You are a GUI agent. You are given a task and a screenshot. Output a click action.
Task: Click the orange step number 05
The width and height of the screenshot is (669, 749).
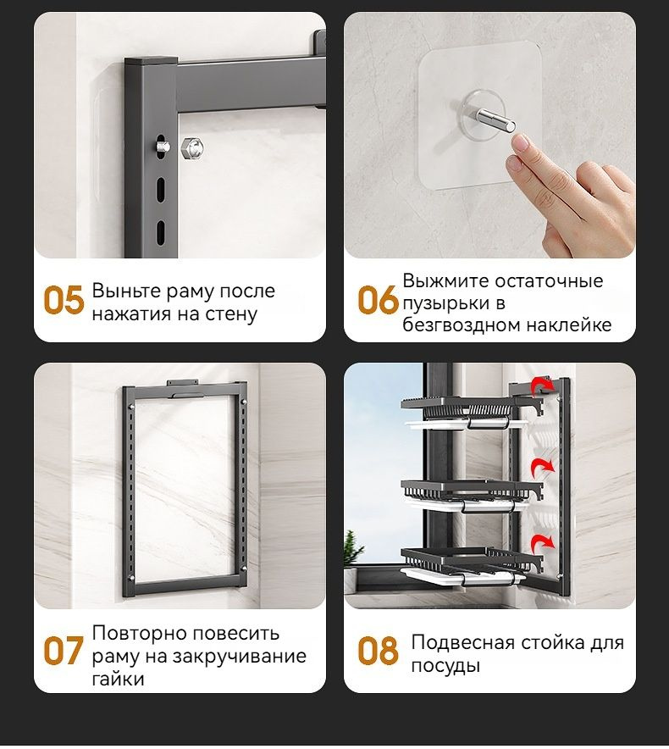click(x=64, y=301)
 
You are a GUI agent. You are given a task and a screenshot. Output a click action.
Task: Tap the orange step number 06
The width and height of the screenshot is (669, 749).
click(x=377, y=301)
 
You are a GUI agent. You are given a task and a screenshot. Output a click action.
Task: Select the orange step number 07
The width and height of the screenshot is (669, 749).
click(x=64, y=651)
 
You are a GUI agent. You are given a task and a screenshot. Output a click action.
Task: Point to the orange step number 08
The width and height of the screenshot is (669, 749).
click(x=377, y=651)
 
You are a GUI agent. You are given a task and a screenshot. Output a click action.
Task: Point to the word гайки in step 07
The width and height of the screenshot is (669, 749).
click(x=118, y=679)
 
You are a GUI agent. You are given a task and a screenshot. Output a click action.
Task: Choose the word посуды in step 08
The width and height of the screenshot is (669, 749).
click(x=445, y=666)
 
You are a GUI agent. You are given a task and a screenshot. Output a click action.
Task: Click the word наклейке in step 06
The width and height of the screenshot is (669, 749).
click(x=572, y=325)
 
